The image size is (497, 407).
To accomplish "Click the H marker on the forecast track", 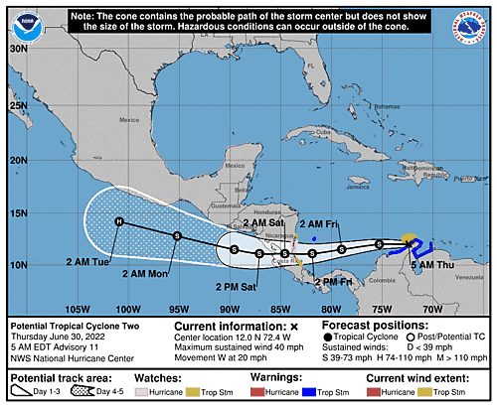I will tap(118, 221).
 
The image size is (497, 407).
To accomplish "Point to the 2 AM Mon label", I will tap(146, 273).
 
